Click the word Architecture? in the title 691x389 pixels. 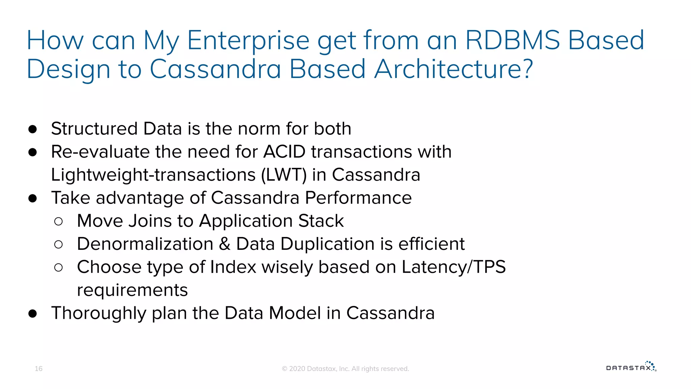point(453,69)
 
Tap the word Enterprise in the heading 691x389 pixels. point(248,40)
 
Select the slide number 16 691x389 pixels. point(38,368)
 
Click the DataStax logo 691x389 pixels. point(631,367)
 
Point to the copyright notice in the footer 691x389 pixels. point(345,369)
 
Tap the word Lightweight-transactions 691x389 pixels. point(153,175)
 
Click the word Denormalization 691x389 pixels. point(145,244)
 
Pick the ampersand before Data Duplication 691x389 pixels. point(225,244)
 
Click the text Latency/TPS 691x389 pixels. point(453,267)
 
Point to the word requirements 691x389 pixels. point(132,290)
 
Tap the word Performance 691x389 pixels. point(358,198)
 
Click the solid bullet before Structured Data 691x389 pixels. point(33,129)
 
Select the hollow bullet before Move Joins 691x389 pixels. point(58,222)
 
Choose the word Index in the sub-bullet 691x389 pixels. point(233,267)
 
